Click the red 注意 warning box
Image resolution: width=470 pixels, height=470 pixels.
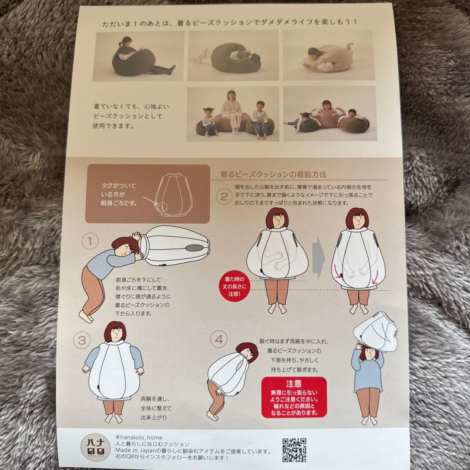coord(294,397)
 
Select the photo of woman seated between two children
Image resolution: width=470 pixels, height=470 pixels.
coord(232,114)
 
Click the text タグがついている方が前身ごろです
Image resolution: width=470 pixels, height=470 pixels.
coord(118,194)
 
